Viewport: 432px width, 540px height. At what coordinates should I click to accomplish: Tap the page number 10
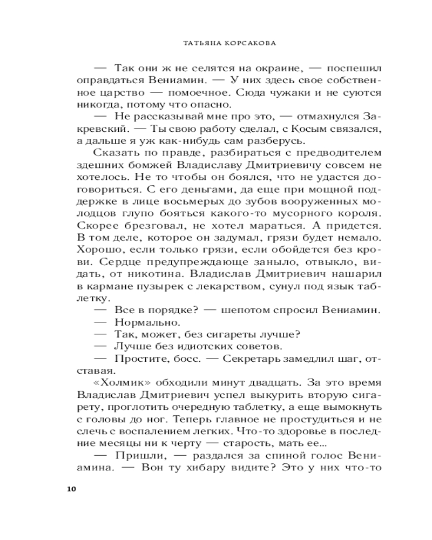72,489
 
